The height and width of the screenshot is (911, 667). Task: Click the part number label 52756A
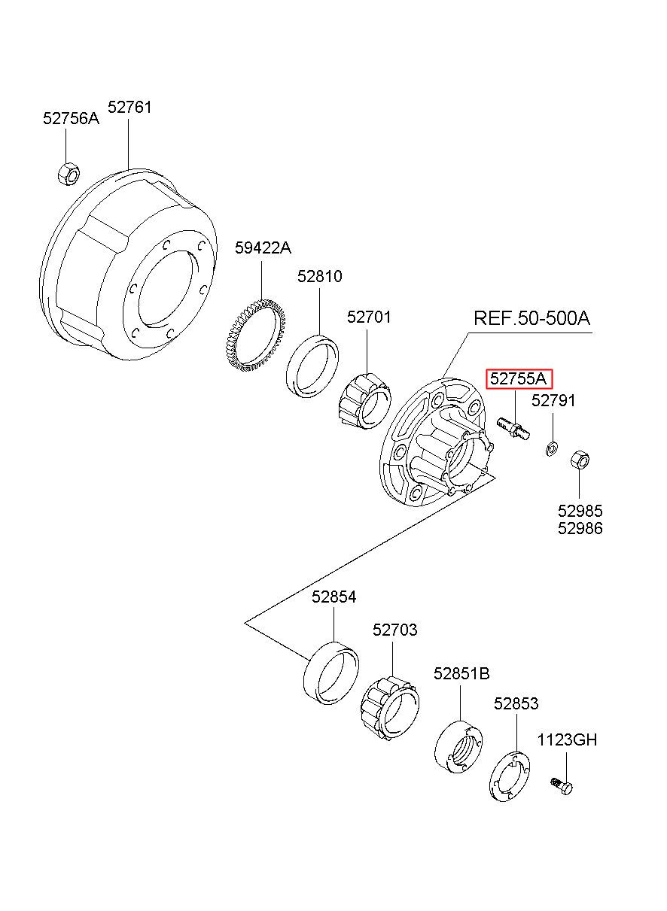point(71,118)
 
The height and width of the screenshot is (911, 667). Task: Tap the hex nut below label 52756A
point(69,175)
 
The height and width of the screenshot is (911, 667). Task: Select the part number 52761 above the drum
point(129,107)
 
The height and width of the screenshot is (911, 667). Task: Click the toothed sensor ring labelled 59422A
point(255,335)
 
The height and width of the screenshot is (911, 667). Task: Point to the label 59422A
point(263,247)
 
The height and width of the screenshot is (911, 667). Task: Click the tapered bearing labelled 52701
point(365,401)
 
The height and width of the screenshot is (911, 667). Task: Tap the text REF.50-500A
point(531,318)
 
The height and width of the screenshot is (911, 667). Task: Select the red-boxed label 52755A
point(518,378)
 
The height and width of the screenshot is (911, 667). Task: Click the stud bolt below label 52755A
point(513,429)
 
